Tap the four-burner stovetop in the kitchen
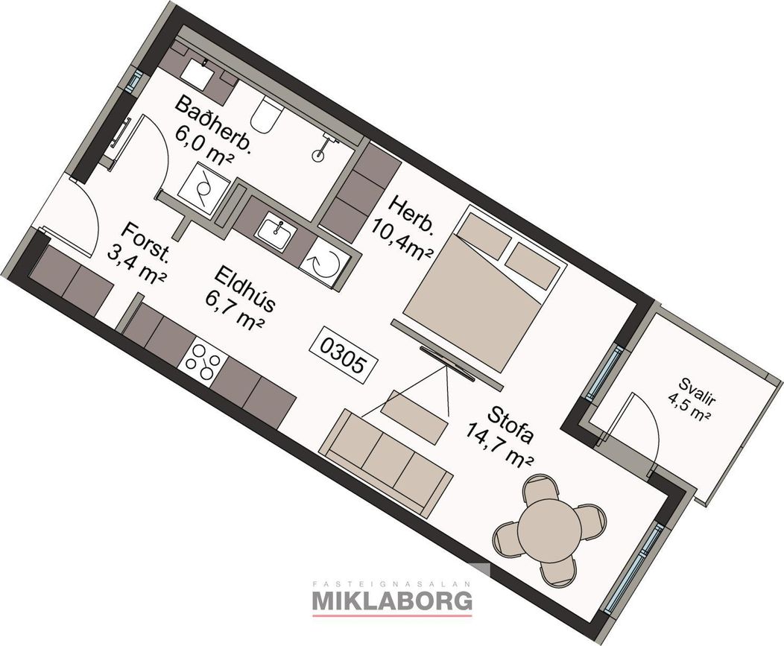(x=203, y=361)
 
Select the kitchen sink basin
(x=276, y=231)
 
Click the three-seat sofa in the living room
(x=386, y=463)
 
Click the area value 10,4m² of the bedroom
(x=402, y=241)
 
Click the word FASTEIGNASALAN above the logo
(x=392, y=583)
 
